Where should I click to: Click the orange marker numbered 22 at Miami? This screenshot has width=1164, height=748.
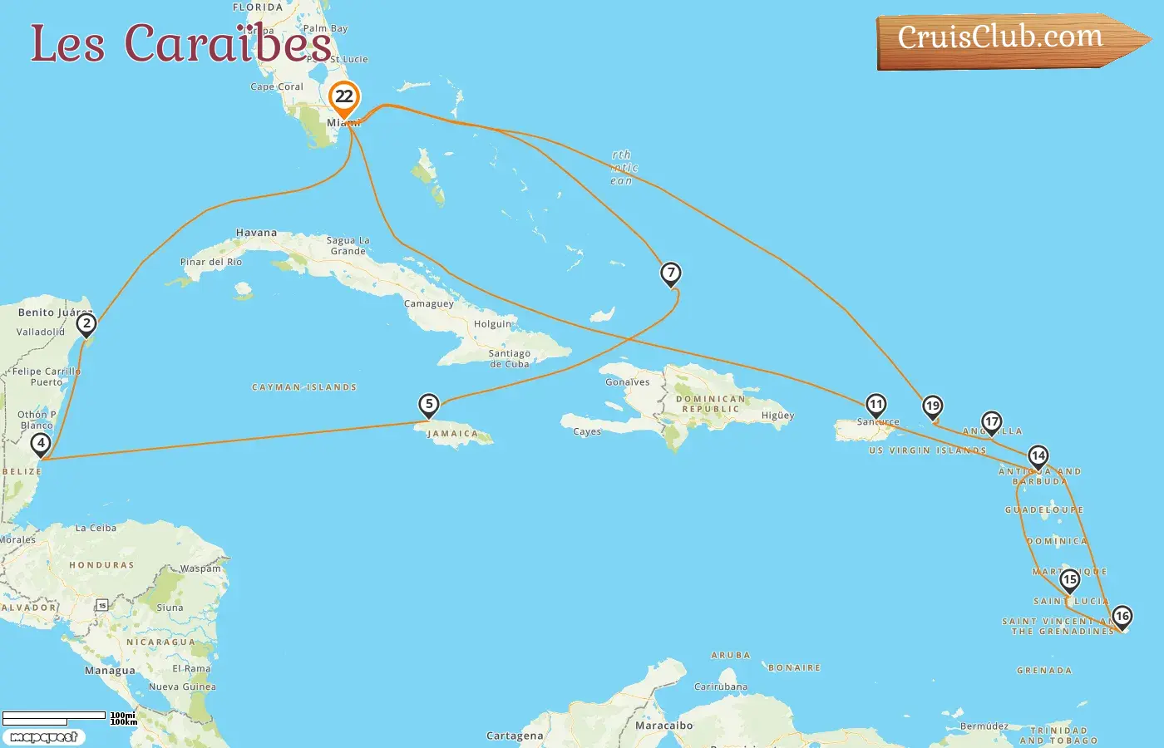[x=343, y=97]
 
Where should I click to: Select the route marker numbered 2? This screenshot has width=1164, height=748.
[x=86, y=323]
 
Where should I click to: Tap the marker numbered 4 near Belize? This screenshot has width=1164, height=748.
[x=41, y=444]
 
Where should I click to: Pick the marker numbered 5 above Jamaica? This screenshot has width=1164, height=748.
[x=429, y=405]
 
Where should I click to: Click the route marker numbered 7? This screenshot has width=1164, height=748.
[x=671, y=273]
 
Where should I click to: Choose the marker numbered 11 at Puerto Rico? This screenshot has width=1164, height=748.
[x=875, y=405]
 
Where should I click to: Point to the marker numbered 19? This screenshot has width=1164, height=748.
[x=933, y=406]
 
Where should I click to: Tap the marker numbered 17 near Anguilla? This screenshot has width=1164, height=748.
[x=991, y=422]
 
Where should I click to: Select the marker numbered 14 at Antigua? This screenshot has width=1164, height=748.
[x=1038, y=456]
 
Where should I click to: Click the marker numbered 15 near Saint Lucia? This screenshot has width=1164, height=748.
[x=1070, y=579]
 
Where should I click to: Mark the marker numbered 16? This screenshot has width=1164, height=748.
[x=1122, y=617]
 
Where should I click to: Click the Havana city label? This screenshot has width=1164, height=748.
[x=256, y=233]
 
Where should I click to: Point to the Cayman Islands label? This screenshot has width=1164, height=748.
[x=304, y=387]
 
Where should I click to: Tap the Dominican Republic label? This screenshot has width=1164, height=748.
[x=710, y=404]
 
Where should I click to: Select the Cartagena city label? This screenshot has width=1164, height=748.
[x=515, y=736]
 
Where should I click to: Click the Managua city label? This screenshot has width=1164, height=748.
[x=110, y=671]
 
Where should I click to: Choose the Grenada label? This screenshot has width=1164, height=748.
[x=1044, y=671]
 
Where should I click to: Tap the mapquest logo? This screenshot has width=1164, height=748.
[x=43, y=737]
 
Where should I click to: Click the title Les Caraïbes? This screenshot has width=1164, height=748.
[x=180, y=43]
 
